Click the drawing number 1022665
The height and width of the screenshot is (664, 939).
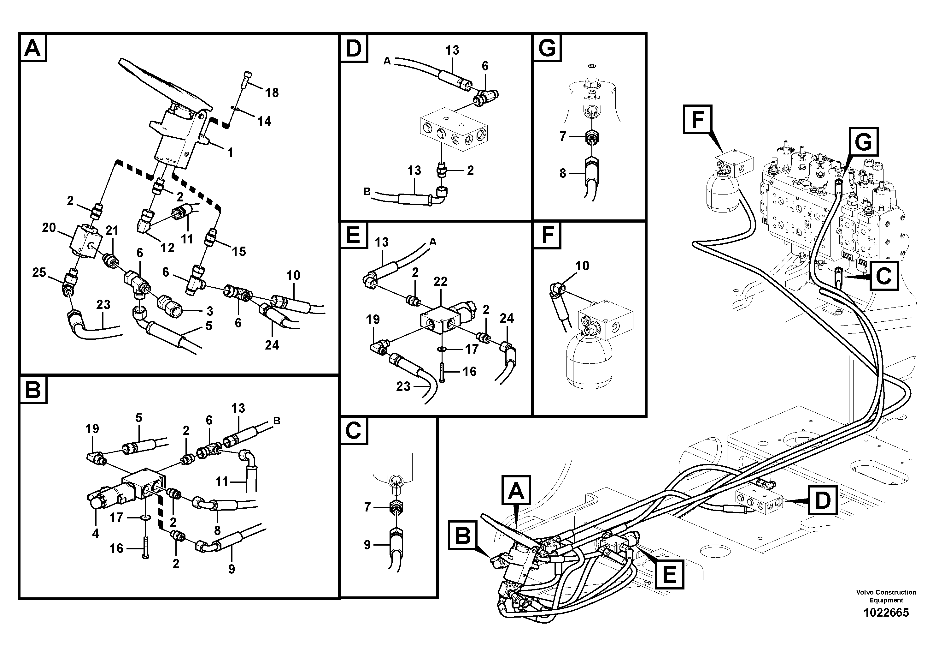[x=886, y=613]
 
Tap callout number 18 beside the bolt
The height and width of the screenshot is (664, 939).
[x=272, y=93]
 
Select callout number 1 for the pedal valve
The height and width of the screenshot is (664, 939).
[x=230, y=153]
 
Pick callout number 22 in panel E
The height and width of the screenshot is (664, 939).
[x=440, y=282]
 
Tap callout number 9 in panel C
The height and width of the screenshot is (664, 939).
[x=367, y=545]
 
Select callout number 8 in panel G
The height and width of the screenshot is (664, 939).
[x=563, y=174]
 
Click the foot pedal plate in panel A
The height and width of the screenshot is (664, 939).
[x=164, y=84]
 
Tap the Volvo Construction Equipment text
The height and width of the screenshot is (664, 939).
[x=886, y=596]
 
